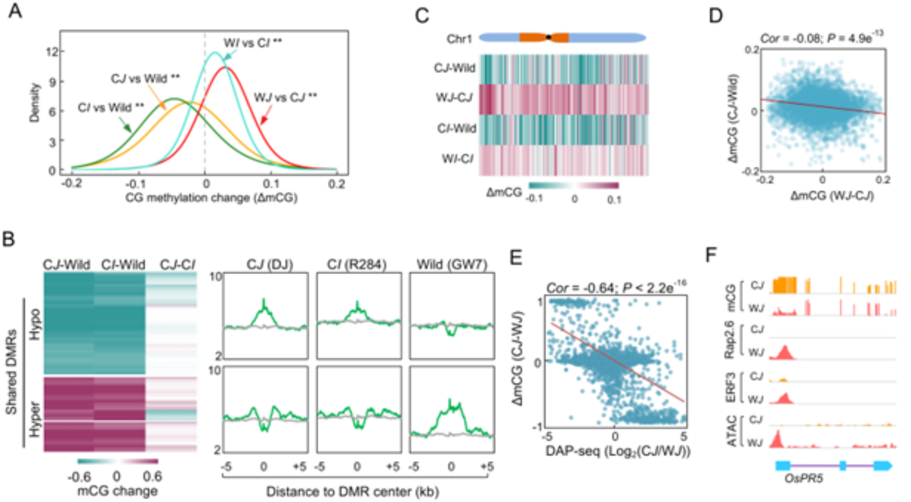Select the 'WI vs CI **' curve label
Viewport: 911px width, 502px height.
253,43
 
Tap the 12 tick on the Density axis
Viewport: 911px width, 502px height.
51,52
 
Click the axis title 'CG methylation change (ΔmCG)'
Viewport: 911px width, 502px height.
211,198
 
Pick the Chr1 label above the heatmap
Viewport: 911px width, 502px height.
459,39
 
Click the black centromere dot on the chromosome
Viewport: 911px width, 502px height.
548,37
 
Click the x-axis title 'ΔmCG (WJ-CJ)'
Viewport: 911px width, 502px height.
832,196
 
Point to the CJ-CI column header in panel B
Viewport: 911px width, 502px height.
177,265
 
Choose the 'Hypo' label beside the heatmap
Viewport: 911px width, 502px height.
35,324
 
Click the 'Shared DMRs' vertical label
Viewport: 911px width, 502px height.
11,372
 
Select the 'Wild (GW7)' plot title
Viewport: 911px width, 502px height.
451,264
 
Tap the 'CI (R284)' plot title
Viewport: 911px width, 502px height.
356,264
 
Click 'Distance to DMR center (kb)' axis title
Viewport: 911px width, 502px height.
353,492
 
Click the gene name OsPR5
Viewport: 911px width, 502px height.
803,478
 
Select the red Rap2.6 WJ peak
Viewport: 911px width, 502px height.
784,353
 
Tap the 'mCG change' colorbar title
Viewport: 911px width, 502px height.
117,491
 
